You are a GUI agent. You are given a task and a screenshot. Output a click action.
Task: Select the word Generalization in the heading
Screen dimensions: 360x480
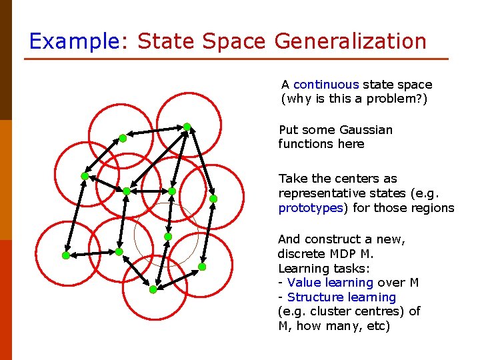350,41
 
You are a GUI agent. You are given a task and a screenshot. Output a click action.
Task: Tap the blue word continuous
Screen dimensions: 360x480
326,85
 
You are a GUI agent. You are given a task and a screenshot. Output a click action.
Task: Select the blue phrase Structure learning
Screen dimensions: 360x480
341,297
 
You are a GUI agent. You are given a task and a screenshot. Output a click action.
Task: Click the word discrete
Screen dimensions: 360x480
300,254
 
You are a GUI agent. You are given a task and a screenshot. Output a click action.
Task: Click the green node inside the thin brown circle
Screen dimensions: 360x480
168,237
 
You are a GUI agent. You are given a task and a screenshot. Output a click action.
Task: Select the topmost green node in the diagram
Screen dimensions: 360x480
187,126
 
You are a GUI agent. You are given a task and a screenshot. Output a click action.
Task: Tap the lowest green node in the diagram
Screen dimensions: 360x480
153,289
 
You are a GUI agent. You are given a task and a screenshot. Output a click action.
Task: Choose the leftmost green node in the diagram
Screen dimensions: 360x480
65,255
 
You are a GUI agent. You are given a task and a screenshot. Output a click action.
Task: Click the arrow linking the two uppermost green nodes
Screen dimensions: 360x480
155,132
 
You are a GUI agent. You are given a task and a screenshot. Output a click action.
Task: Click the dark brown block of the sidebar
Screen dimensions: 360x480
6,60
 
